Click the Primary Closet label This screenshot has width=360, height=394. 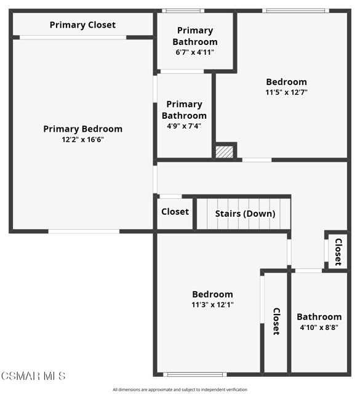[82, 25]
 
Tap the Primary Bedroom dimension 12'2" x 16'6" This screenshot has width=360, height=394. [83, 140]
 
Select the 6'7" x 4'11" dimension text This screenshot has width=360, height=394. [194, 52]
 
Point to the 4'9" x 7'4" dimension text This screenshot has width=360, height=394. [184, 126]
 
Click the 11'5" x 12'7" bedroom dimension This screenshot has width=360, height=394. [286, 92]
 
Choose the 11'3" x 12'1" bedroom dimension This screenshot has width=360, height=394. [212, 305]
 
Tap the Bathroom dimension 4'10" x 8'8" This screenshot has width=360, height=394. [319, 328]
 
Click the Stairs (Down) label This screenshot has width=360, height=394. [245, 214]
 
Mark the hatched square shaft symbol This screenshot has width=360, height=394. [225, 152]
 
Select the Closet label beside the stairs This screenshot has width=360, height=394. [175, 212]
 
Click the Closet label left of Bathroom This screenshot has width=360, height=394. [276, 321]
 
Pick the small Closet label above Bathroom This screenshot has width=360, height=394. [338, 252]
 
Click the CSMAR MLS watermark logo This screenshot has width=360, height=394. [33, 376]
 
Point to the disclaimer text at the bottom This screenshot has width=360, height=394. [180, 390]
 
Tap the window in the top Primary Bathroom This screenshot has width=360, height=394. [183, 11]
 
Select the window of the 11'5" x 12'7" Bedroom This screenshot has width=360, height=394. [295, 11]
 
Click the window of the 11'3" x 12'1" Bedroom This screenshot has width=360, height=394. [195, 375]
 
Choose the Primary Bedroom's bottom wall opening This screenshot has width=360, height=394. [84, 231]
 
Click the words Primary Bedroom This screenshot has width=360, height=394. [83, 129]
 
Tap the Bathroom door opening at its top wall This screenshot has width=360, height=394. [308, 271]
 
